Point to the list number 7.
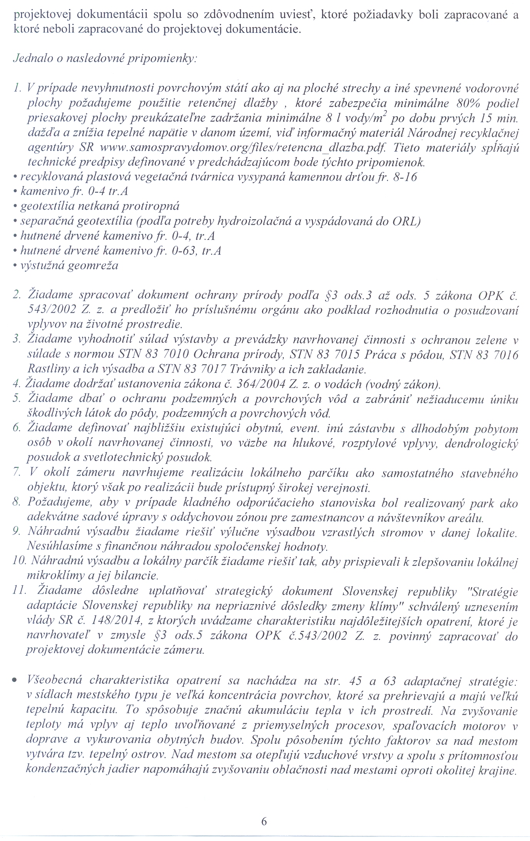[x=17, y=473]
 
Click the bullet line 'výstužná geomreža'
[x=69, y=265]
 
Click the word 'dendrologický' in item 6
[x=481, y=444]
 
